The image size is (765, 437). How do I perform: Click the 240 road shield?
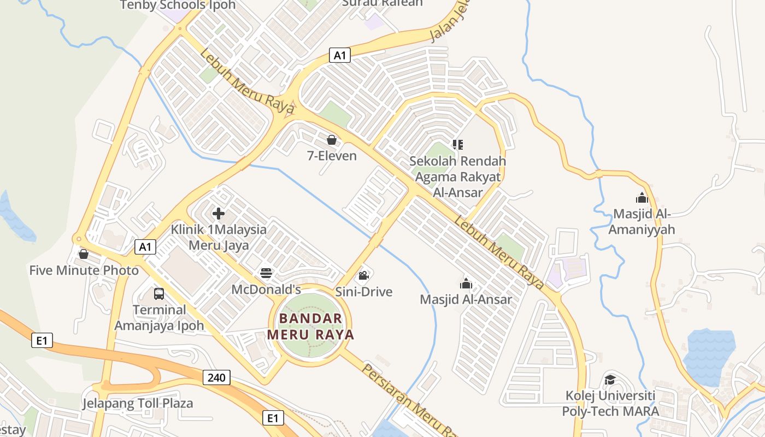[216, 377]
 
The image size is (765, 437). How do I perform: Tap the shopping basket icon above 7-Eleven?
[331, 140]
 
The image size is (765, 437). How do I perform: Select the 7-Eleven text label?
[332, 156]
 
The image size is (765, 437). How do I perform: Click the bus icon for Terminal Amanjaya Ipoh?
[159, 294]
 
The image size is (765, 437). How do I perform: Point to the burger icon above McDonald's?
[266, 273]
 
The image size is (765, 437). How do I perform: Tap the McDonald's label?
[266, 289]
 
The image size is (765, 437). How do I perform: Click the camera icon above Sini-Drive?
[363, 275]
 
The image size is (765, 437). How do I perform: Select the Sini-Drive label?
[363, 292]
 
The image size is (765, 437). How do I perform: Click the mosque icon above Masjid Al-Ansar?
[466, 284]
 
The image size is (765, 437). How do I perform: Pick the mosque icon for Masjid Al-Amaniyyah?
[642, 198]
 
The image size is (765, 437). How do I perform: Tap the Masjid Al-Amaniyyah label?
[642, 221]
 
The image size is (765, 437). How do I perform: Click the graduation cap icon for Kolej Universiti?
[610, 380]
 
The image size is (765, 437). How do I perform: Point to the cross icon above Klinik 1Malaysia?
[219, 214]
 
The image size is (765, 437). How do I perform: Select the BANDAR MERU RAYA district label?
[310, 326]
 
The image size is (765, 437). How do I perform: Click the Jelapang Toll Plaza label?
[138, 404]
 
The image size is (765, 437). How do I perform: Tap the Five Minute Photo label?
[84, 270]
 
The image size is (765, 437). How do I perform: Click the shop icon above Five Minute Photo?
[84, 254]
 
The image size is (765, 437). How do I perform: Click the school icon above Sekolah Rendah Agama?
[458, 145]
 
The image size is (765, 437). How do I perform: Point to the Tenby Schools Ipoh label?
[178, 5]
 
